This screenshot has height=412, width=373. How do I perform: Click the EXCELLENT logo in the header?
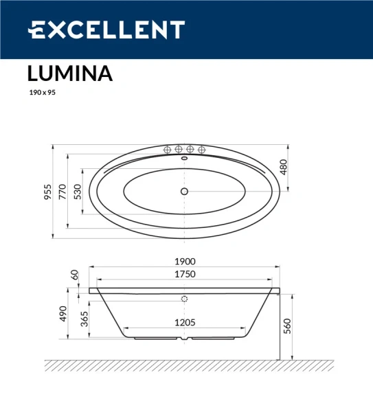point(106,30)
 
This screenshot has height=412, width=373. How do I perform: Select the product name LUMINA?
point(69,73)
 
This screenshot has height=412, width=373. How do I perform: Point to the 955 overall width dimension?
point(47,192)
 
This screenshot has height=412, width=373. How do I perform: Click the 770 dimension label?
point(63,192)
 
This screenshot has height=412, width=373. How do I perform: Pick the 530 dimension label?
point(78,192)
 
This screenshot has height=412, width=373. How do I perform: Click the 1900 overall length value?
point(185,262)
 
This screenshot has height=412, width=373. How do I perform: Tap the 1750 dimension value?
point(185,274)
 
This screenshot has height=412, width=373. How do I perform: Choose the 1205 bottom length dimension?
point(185,322)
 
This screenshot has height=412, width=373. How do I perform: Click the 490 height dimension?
point(63,314)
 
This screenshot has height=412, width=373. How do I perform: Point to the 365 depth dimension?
point(83,319)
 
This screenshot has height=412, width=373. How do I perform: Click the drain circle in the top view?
point(184,192)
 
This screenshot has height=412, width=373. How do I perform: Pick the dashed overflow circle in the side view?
point(184,299)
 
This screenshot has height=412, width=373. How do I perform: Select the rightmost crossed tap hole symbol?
point(202,150)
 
